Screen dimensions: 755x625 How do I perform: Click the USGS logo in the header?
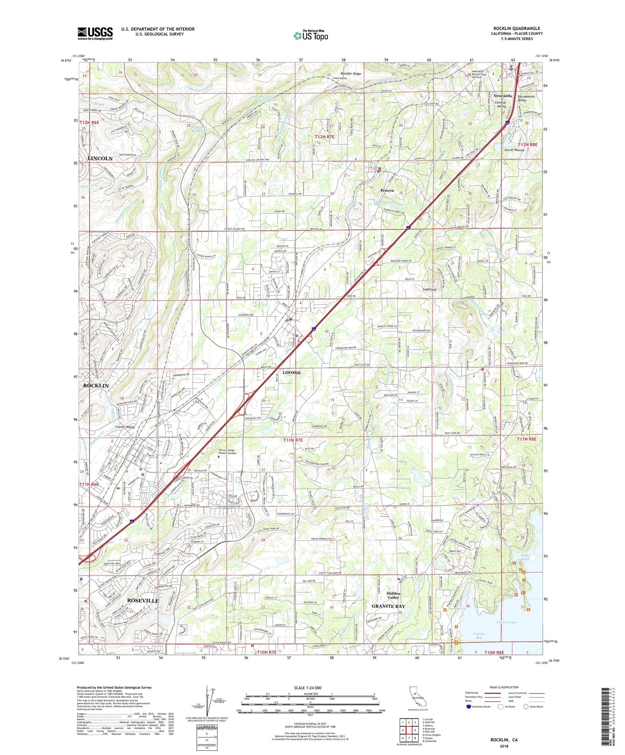point(95,33)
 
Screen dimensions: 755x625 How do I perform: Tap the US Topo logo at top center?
point(310,36)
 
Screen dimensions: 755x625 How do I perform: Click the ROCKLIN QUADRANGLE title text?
point(517,29)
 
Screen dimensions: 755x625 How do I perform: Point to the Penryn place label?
point(387,190)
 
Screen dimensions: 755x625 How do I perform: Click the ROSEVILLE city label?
point(142,601)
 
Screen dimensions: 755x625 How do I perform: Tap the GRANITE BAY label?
point(388,606)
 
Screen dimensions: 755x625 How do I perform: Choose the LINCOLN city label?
point(100,159)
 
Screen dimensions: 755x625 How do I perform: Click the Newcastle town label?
point(502,96)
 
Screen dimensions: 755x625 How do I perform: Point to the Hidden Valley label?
point(393,596)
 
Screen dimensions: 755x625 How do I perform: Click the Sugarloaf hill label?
point(430,288)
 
